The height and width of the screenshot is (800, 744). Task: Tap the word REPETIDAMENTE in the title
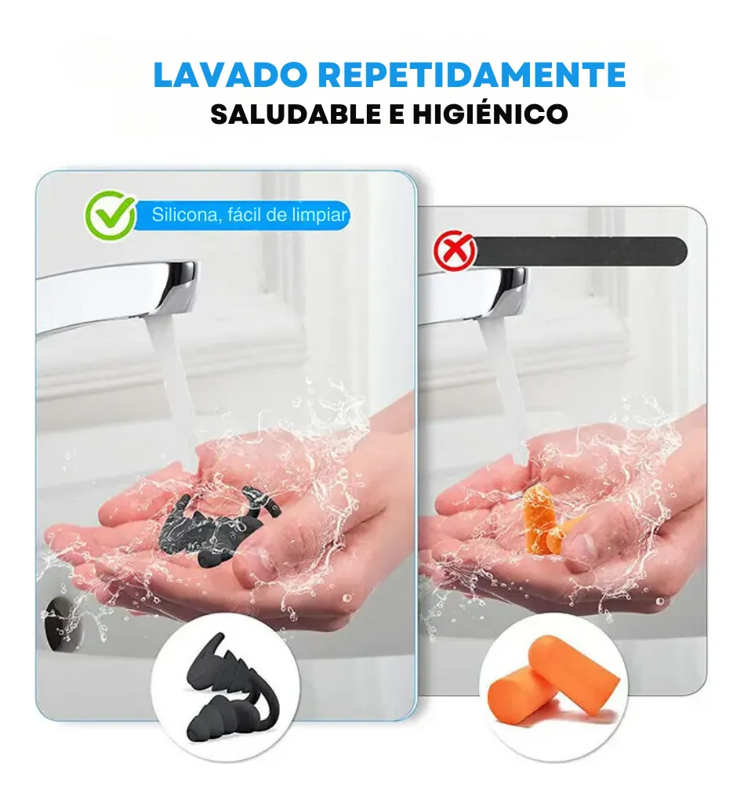473,75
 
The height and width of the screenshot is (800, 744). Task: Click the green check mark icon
110,215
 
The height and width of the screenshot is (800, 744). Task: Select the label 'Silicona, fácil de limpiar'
249,215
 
